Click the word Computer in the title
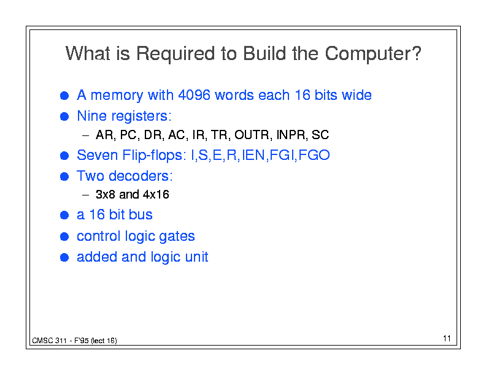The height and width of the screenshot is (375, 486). tap(369, 53)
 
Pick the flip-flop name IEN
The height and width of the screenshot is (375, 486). tap(253, 155)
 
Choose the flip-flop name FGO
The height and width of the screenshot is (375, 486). tap(314, 155)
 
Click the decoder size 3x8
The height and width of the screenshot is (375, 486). tap(106, 195)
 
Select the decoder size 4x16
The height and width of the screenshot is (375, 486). tap(156, 195)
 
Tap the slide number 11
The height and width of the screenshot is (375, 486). tap(447, 338)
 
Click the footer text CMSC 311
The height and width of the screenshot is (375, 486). tap(49, 341)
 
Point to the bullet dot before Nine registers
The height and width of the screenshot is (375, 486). tap(64, 116)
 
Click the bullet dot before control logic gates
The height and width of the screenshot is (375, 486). tap(64, 237)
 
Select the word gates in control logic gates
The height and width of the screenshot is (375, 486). tap(177, 237)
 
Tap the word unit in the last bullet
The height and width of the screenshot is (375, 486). tap(196, 257)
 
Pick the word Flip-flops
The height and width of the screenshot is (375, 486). tap(153, 156)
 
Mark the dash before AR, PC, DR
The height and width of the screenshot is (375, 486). tap(85, 135)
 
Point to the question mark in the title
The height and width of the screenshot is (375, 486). tap(417, 53)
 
